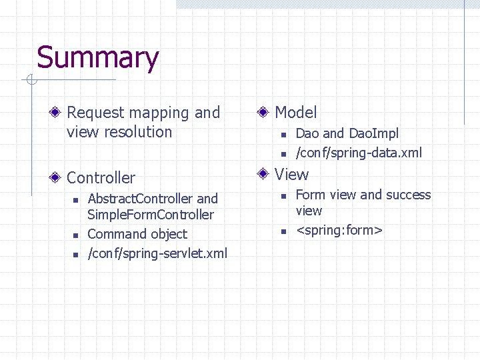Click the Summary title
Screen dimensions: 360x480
pyautogui.click(x=97, y=58)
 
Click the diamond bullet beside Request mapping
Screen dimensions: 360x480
pyautogui.click(x=59, y=113)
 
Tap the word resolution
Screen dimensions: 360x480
pyautogui.click(x=139, y=132)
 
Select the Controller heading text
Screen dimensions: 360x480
pyautogui.click(x=101, y=178)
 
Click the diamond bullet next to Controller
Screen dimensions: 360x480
pyautogui.click(x=59, y=178)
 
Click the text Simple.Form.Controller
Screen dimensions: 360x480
pyautogui.click(x=151, y=215)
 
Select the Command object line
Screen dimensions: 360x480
pyautogui.click(x=137, y=234)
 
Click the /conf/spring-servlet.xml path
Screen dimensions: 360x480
pyautogui.click(x=157, y=253)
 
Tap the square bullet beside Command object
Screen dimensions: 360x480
pyautogui.click(x=76, y=235)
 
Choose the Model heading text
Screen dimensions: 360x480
pyautogui.click(x=296, y=113)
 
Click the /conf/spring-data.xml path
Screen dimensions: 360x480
pyautogui.click(x=359, y=153)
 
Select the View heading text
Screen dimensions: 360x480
pyautogui.click(x=292, y=175)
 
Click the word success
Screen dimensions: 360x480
pyautogui.click(x=409, y=195)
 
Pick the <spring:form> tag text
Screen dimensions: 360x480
pyautogui.click(x=339, y=231)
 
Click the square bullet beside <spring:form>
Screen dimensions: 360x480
pyautogui.click(x=283, y=231)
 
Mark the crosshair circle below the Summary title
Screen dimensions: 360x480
pyautogui.click(x=31, y=81)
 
